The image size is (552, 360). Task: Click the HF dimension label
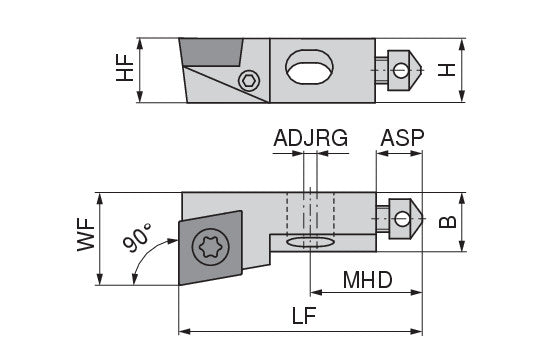click(125, 68)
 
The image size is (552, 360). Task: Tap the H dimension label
click(447, 70)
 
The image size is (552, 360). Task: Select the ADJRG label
click(310, 138)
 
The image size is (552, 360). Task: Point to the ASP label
click(402, 138)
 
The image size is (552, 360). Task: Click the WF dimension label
click(86, 234)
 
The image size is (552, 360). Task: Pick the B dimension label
click(447, 222)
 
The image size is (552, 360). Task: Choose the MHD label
click(367, 280)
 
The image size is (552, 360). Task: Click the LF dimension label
click(304, 315)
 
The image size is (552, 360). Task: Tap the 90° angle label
click(137, 238)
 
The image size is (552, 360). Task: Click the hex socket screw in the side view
click(249, 81)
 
